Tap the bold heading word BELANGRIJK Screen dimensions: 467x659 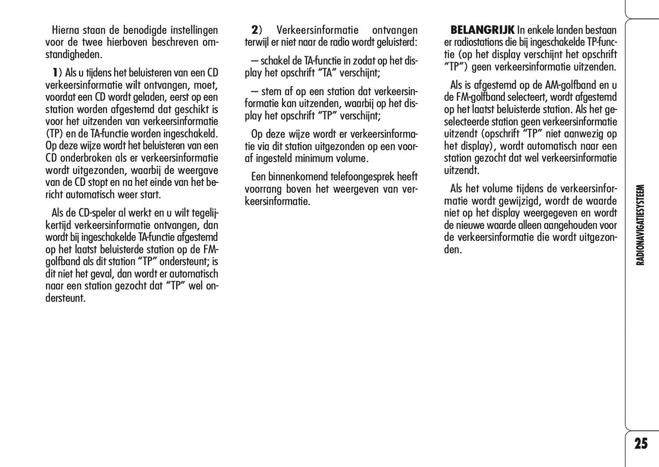pos(483,31)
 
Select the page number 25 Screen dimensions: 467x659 pos(641,443)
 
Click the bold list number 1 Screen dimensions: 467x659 pos(55,73)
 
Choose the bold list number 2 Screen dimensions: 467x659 pos(254,31)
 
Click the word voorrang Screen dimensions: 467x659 pos(263,189)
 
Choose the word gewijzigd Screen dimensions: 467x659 pos(518,201)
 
